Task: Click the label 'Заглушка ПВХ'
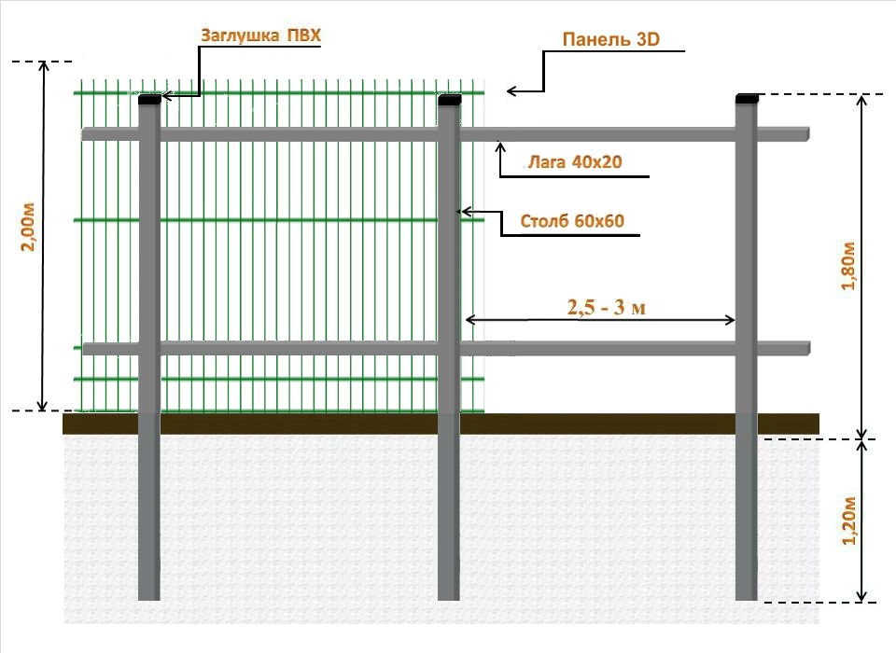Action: [x=260, y=35]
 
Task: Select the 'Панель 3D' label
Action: [x=610, y=39]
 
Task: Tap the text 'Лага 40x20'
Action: [x=575, y=161]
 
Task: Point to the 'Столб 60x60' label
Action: [x=572, y=220]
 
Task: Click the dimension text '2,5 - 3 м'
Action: [x=607, y=307]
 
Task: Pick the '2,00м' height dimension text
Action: [x=28, y=227]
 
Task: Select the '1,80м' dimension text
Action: [x=848, y=266]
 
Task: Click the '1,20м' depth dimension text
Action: [x=849, y=521]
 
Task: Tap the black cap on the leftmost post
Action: [x=149, y=100]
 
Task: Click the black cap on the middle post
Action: [x=450, y=100]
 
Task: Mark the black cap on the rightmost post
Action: [x=747, y=98]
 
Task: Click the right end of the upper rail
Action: [x=809, y=134]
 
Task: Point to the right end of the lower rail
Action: [x=809, y=349]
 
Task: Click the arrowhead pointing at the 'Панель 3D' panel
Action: [x=511, y=90]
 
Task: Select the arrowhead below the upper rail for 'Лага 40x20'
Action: [x=500, y=146]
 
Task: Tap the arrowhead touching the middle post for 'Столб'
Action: [x=465, y=212]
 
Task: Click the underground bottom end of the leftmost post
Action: [x=149, y=599]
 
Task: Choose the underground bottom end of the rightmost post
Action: [x=747, y=599]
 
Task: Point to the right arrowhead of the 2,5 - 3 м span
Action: [x=731, y=320]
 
